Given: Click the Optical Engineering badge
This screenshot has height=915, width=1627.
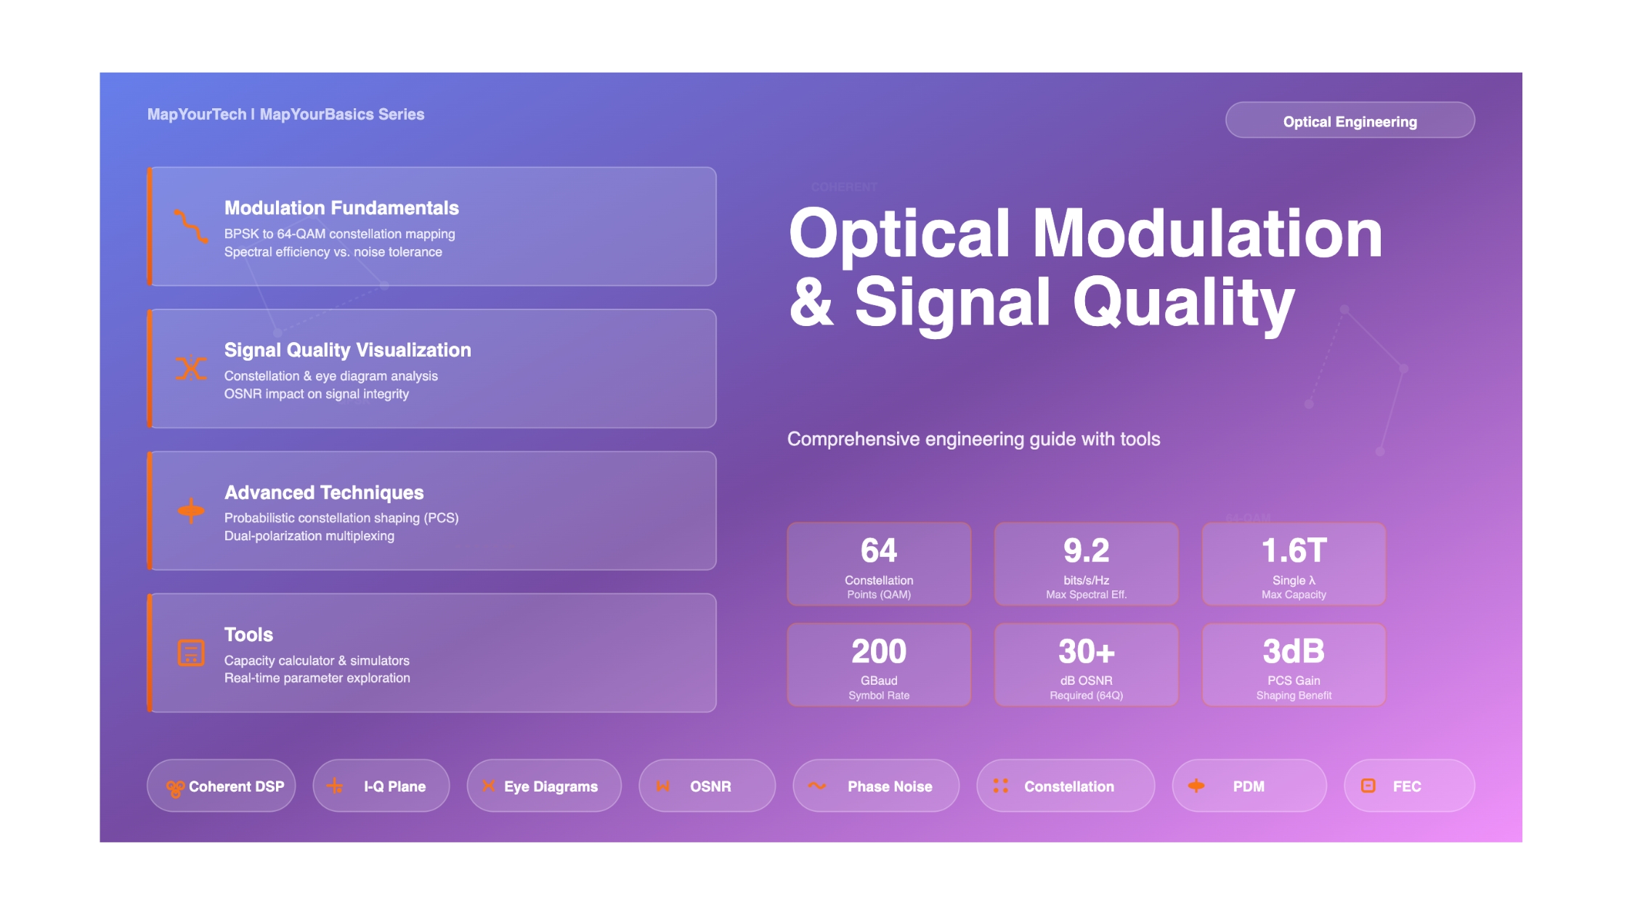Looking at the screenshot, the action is [x=1350, y=121].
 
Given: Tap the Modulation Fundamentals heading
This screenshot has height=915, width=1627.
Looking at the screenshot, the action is [x=341, y=208].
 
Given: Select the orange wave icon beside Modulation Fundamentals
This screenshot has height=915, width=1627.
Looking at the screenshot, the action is [x=191, y=226].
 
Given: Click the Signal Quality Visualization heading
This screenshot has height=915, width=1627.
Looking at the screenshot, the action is [x=347, y=350].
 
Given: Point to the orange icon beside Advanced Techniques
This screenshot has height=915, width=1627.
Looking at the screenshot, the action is [x=191, y=511].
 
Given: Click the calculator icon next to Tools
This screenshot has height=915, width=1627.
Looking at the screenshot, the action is [x=191, y=653].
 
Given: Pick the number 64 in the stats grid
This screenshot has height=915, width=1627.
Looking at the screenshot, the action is [x=879, y=550].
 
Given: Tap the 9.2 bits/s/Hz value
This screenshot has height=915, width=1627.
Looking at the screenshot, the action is [x=1086, y=550].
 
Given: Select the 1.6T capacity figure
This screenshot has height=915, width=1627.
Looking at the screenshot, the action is [x=1294, y=550].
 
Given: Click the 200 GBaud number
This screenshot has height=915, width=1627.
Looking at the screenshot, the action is [x=879, y=651].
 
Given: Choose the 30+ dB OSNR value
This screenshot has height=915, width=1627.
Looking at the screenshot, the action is [x=1086, y=651].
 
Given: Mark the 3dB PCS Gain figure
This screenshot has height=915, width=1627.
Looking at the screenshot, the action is [x=1294, y=651].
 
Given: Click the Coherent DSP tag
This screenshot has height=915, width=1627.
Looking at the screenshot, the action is [x=222, y=786].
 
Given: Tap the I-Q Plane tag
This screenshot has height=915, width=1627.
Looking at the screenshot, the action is [x=381, y=786].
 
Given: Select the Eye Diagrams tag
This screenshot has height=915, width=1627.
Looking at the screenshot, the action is [x=544, y=786].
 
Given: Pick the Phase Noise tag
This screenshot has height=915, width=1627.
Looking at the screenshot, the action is [x=876, y=786].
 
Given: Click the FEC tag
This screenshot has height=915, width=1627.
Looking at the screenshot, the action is [x=1409, y=786].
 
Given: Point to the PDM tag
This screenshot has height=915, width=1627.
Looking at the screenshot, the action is [x=1249, y=786].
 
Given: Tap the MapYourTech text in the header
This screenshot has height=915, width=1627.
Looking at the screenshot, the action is [x=197, y=115].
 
